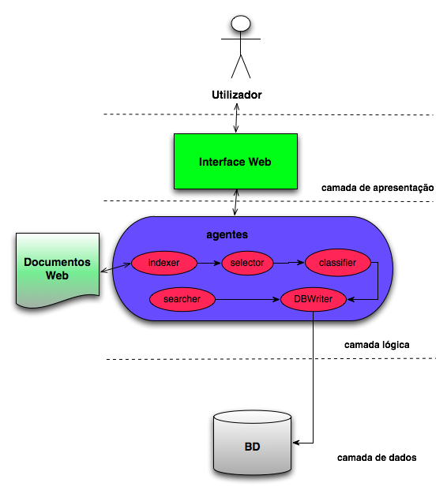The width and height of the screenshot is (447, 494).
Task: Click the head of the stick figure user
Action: (241, 24)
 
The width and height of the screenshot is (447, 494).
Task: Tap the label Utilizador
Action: (236, 95)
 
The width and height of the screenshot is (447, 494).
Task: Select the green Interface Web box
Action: (235, 161)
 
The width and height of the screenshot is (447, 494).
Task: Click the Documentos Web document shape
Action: (58, 269)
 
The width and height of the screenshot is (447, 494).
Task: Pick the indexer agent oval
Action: (164, 263)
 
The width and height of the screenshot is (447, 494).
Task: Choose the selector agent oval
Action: (247, 263)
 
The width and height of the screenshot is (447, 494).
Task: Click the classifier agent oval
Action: (337, 263)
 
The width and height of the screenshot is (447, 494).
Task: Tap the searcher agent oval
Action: (182, 299)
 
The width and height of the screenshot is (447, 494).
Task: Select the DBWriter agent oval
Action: (313, 299)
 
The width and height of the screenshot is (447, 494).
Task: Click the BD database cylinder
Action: (252, 443)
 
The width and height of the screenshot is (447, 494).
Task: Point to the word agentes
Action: (227, 234)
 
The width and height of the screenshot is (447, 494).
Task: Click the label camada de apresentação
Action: (378, 188)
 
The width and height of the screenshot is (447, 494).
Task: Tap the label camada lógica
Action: (377, 345)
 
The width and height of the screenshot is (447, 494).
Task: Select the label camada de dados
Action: (377, 458)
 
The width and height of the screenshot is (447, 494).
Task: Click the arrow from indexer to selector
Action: (209, 263)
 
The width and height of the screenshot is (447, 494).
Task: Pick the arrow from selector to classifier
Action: (289, 263)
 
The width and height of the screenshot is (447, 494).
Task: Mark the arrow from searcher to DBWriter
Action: (247, 299)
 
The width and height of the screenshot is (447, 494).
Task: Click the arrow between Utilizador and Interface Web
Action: (236, 118)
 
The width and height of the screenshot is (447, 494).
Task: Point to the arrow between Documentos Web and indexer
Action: (115, 268)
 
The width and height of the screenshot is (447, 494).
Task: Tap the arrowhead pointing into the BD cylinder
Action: (295, 443)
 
